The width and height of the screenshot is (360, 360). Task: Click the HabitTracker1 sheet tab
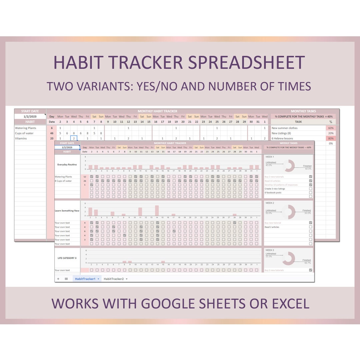(85, 279)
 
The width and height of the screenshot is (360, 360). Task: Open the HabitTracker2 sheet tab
(114, 279)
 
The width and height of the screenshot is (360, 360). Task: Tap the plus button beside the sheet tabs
(58, 279)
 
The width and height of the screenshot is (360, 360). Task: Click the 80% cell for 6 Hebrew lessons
(331, 138)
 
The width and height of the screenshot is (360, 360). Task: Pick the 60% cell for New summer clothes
(331, 128)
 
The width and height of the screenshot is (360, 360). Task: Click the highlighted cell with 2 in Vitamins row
(74, 138)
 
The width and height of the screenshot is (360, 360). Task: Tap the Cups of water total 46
(52, 133)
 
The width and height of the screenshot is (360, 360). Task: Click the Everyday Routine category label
(67, 165)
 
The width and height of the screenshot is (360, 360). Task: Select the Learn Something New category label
(67, 211)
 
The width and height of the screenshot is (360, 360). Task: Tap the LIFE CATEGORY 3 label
(67, 258)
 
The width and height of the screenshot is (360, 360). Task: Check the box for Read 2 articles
(311, 227)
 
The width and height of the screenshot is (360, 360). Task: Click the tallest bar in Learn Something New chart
(157, 211)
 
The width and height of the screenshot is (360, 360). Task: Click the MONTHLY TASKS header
(303, 111)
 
